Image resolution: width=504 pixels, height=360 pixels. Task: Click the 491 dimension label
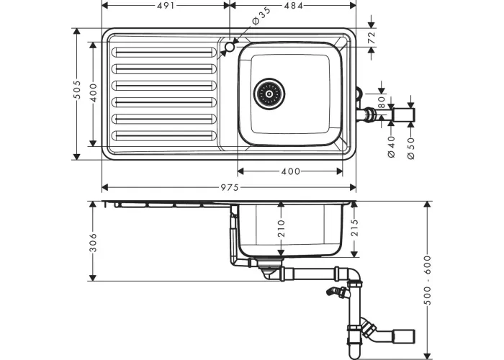click(x=166, y=6)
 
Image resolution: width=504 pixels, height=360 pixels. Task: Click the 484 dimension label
click(x=294, y=6)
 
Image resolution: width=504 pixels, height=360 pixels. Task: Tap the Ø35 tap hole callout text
click(x=261, y=15)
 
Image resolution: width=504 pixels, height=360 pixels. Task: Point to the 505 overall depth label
click(x=76, y=90)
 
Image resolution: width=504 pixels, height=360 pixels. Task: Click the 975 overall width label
click(x=230, y=187)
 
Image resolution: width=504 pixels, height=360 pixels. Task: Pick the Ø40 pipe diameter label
click(x=391, y=147)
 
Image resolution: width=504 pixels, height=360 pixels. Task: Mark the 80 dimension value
click(x=381, y=102)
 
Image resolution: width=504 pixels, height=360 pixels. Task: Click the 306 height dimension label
click(x=93, y=242)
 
